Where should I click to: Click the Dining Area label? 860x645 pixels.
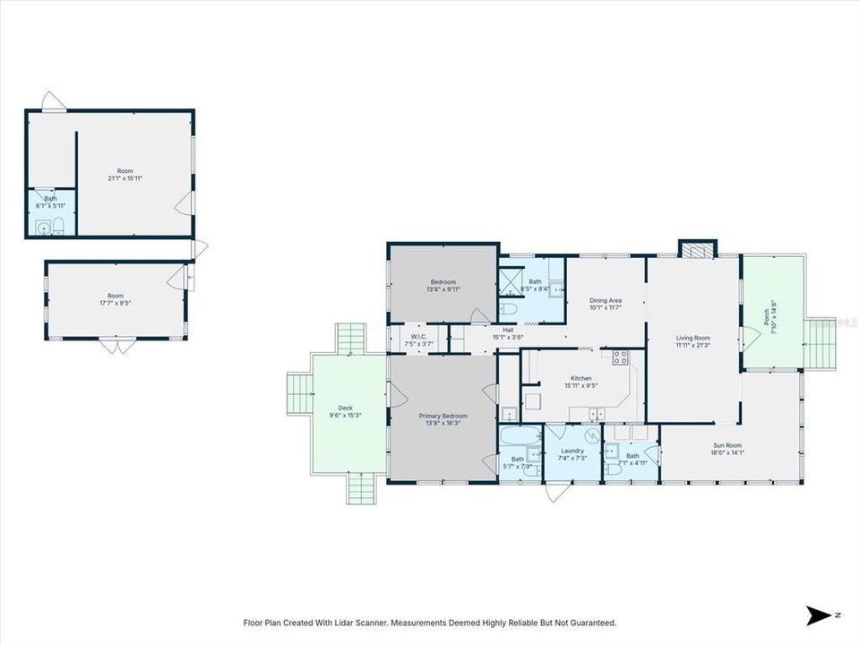606,300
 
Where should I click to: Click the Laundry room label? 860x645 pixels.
572,451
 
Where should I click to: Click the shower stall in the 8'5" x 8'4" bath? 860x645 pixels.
511,280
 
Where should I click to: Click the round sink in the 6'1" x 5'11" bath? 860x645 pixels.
42,228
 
